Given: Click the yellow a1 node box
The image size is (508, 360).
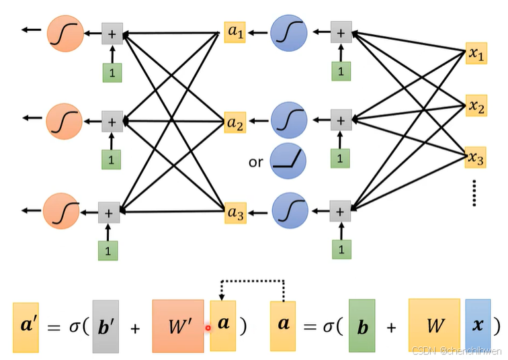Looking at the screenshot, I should pyautogui.click(x=235, y=32).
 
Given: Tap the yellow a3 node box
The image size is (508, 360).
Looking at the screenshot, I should pyautogui.click(x=235, y=212).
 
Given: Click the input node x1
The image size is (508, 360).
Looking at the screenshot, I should pyautogui.click(x=476, y=54).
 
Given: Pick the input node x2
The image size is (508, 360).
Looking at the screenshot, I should pyautogui.click(x=476, y=105).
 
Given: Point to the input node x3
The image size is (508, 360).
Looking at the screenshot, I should pyautogui.click(x=476, y=158).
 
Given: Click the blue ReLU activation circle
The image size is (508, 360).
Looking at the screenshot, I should pyautogui.click(x=288, y=161).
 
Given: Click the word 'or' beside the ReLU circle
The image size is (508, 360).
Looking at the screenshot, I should pyautogui.click(x=255, y=162).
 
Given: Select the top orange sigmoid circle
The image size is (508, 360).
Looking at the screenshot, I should pyautogui.click(x=65, y=31).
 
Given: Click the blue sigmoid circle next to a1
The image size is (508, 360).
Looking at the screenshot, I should pyautogui.click(x=289, y=31).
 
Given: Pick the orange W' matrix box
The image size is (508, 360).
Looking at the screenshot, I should pyautogui.click(x=177, y=326).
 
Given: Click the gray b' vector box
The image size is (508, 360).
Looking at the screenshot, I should pyautogui.click(x=105, y=326).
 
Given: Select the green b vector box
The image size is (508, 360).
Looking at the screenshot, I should pyautogui.click(x=362, y=326).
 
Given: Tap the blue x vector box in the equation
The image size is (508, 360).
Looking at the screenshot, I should pyautogui.click(x=478, y=326).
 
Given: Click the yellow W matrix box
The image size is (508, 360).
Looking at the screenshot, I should pyautogui.click(x=434, y=326).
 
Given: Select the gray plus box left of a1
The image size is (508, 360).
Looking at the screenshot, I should pyautogui.click(x=112, y=32).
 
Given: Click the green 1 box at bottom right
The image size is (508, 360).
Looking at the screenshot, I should pyautogui.click(x=341, y=249).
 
